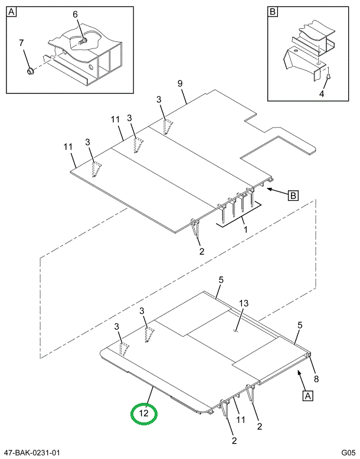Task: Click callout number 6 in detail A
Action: (76, 14)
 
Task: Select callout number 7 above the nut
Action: (21, 43)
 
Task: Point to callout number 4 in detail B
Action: (322, 93)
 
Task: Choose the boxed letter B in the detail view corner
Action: (273, 12)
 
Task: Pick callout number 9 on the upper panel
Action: (180, 83)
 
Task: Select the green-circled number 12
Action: (143, 414)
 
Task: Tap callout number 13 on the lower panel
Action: (244, 304)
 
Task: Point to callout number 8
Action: (316, 379)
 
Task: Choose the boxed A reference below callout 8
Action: (307, 396)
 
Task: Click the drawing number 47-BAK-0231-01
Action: (32, 453)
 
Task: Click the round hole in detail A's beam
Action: (92, 67)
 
